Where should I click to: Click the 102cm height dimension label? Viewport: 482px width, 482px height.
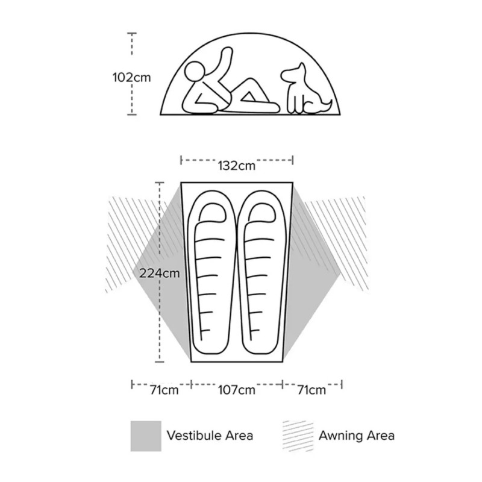[131, 77]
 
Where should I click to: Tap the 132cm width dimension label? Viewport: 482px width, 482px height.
[236, 166]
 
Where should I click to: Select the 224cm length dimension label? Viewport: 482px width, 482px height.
[159, 273]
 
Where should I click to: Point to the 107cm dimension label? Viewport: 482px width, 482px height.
[236, 390]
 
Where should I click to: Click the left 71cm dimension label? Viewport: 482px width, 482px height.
[164, 390]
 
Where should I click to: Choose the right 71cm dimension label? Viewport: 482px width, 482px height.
[311, 390]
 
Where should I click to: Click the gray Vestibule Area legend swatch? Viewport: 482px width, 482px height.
[146, 436]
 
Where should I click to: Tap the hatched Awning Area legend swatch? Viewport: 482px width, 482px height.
[298, 436]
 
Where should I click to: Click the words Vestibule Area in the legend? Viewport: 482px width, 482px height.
[210, 436]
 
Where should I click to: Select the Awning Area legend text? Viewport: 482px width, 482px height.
[357, 436]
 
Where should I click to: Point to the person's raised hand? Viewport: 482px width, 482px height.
[227, 52]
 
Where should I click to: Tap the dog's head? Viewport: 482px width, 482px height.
[295, 74]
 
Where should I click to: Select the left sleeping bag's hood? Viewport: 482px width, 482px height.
[213, 212]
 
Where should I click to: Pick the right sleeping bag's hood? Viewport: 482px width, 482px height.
[261, 212]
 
